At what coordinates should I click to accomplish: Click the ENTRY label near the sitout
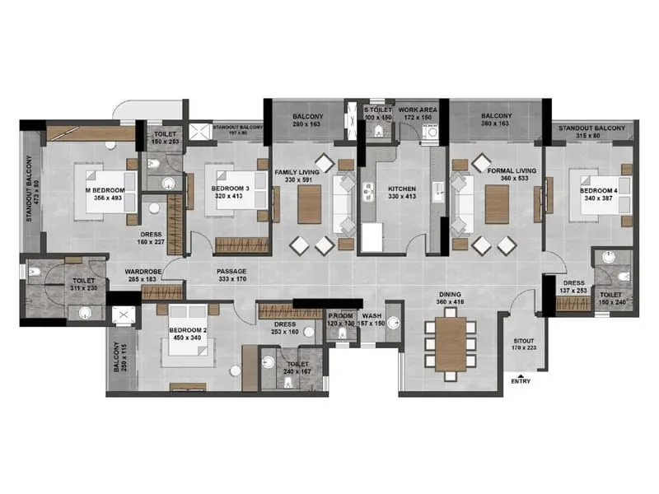(x=521, y=381)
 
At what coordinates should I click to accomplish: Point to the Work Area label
(x=418, y=110)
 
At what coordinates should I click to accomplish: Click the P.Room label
(x=341, y=315)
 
